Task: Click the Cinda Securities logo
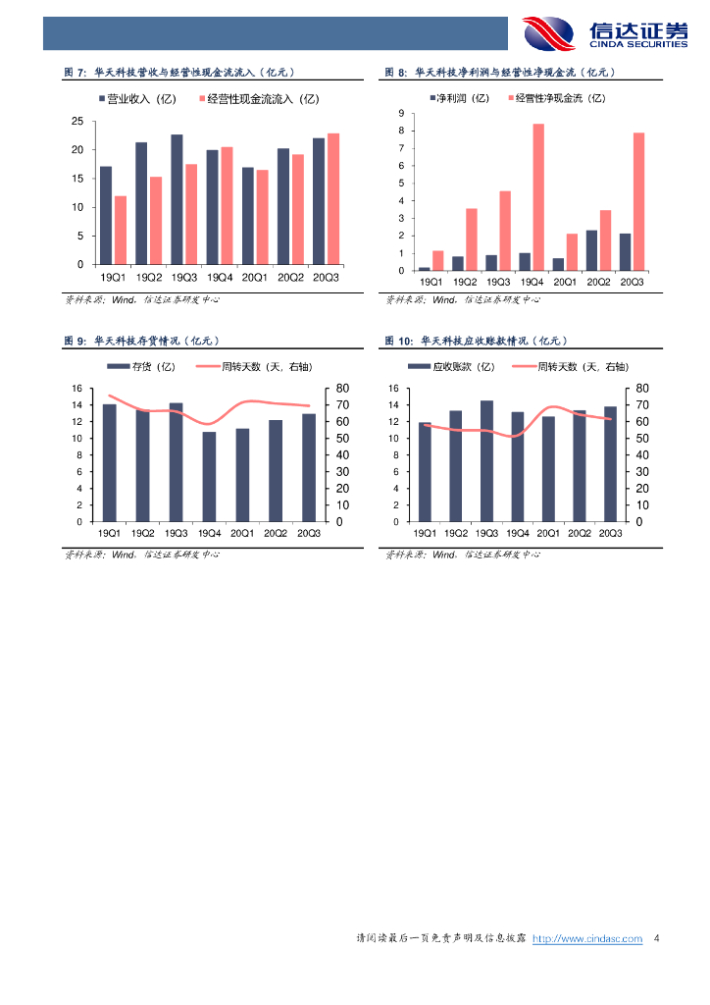[x=604, y=32]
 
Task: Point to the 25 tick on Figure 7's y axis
[x=77, y=121]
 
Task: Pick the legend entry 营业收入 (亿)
[x=137, y=99]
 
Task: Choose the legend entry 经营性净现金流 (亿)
[x=556, y=98]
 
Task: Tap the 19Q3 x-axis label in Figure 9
[x=176, y=533]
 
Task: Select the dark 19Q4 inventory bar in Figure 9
[x=209, y=477]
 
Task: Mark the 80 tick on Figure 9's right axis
[x=341, y=389]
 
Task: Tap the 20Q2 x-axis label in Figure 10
[x=580, y=533]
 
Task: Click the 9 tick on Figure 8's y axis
[x=401, y=115]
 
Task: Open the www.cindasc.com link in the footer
[x=587, y=939]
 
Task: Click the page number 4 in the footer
[x=656, y=939]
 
